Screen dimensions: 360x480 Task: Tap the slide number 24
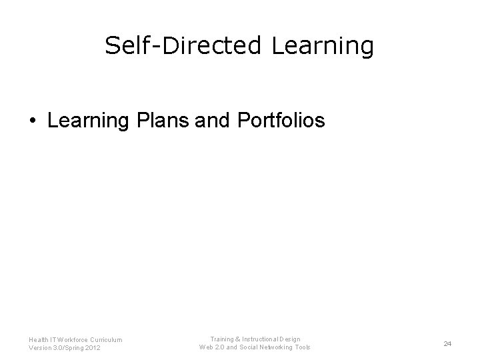[x=447, y=343]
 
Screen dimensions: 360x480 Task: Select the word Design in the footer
[x=291, y=339]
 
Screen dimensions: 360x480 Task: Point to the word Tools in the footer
[x=302, y=347]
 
